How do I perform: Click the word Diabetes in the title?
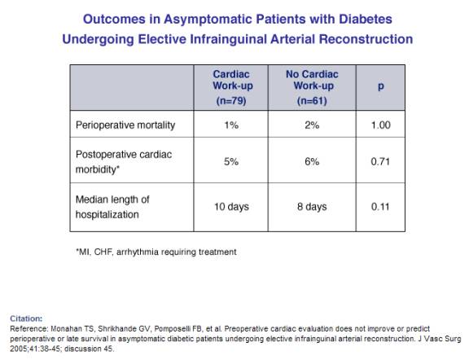366,20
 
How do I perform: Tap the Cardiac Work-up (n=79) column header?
232,87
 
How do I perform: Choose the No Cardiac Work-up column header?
312,87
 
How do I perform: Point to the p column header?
380,86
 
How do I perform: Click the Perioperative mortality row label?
125,125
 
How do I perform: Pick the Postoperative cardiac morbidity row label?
124,162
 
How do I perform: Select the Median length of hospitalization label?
112,207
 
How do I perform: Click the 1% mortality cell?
231,125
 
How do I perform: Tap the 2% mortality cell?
312,125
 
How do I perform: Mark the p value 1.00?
380,125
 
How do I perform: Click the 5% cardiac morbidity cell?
231,162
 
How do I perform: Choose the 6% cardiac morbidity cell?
312,162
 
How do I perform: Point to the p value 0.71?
380,162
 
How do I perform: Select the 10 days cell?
231,207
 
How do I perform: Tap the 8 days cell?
312,207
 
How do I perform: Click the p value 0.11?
380,207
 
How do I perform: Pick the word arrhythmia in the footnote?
138,252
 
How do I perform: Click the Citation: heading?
26,318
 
